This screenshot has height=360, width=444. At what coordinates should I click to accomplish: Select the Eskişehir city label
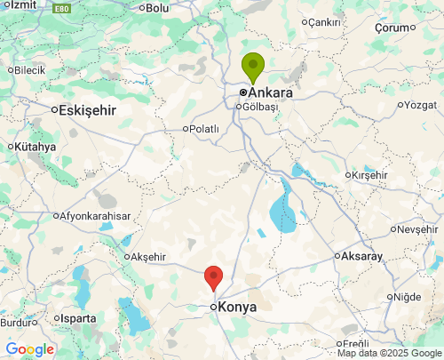87,110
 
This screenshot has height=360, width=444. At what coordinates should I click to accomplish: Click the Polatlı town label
203,129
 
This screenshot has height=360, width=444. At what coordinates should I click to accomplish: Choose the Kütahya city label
35,147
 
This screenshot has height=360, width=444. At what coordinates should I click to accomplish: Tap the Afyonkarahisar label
95,216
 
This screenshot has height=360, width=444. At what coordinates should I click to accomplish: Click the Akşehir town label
147,257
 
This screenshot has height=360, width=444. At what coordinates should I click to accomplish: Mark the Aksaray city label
361,256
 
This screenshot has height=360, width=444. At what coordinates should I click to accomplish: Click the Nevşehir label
417,229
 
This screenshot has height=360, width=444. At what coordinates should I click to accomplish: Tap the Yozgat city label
421,105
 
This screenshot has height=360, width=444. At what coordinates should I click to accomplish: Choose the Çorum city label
395,28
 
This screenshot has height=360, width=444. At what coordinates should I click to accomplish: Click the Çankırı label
324,22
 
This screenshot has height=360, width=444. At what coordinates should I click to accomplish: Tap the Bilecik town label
29,69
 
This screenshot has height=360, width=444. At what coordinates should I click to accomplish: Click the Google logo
29,349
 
